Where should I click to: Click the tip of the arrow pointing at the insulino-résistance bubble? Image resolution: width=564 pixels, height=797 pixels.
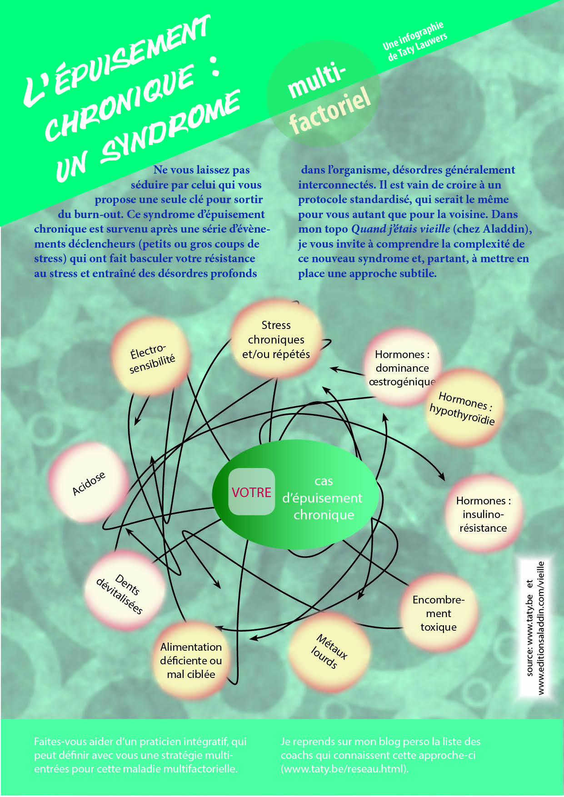pyautogui.click(x=444, y=480)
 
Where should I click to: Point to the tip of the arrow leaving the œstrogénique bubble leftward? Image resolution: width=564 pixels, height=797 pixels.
pyautogui.click(x=330, y=368)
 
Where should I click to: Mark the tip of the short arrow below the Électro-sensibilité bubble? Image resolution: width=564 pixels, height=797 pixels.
pyautogui.click(x=135, y=425)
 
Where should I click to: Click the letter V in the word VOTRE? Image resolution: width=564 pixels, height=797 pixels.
pyautogui.click(x=235, y=493)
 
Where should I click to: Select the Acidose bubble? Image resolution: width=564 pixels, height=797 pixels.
pyautogui.click(x=89, y=483)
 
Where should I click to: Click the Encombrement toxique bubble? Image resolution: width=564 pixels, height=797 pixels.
pyautogui.click(x=439, y=613)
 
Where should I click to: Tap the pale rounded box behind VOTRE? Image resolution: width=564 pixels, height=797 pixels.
pyautogui.click(x=251, y=492)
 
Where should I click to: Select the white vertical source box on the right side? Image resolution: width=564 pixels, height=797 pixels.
pyautogui.click(x=535, y=627)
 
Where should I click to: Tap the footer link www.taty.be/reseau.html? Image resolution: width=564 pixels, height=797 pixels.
pyautogui.click(x=344, y=769)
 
